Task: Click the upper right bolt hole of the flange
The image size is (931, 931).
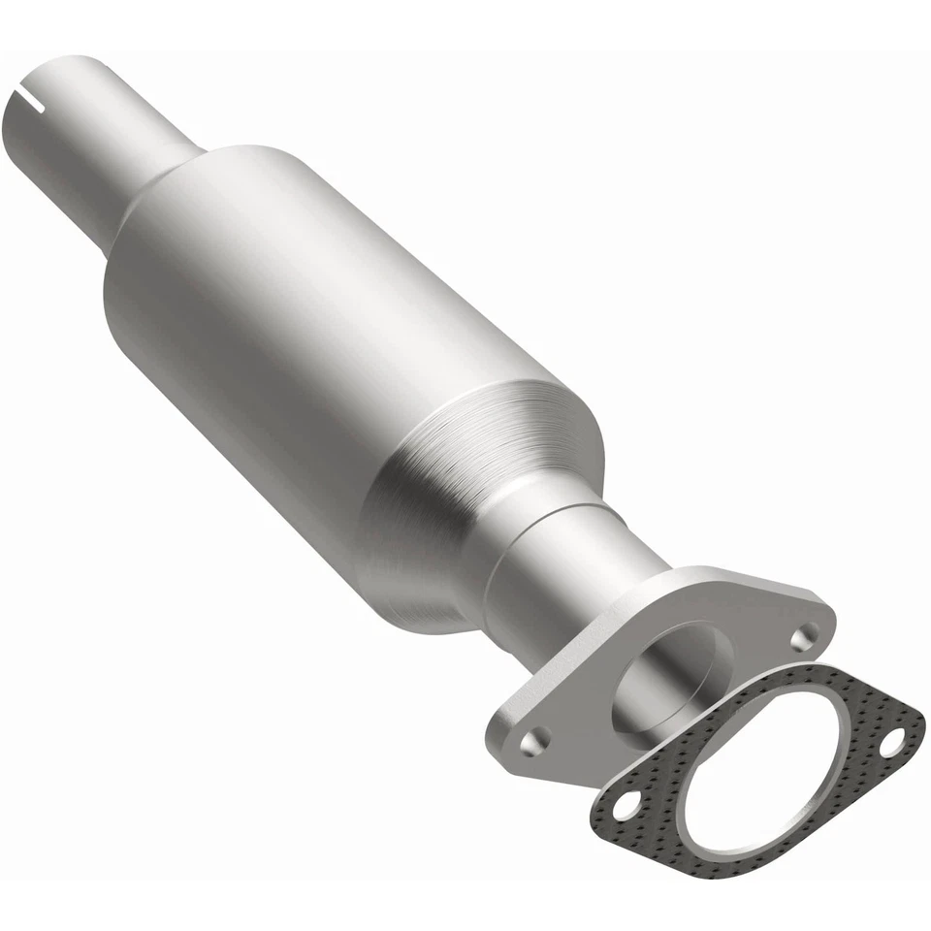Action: coord(803,637)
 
